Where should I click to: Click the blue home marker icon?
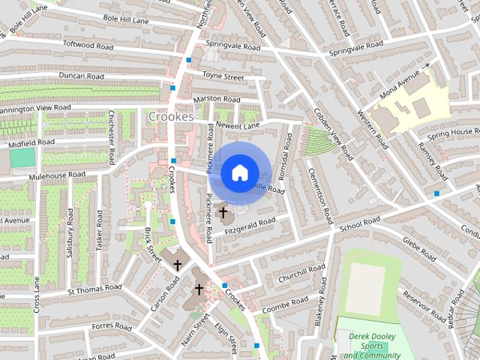click(x=238, y=173)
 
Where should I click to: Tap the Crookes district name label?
click(x=171, y=117)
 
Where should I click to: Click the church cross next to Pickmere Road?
click(x=222, y=214)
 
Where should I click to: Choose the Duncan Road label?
click(x=81, y=76)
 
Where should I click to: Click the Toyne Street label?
click(x=223, y=76)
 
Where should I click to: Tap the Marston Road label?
click(x=216, y=99)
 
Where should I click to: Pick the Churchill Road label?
click(x=299, y=274)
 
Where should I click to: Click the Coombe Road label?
click(x=286, y=301)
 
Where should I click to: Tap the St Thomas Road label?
click(x=94, y=288)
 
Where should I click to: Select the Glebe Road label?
click(x=419, y=248)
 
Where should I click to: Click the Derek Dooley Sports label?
click(x=373, y=346)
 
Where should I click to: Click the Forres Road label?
click(x=111, y=327)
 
